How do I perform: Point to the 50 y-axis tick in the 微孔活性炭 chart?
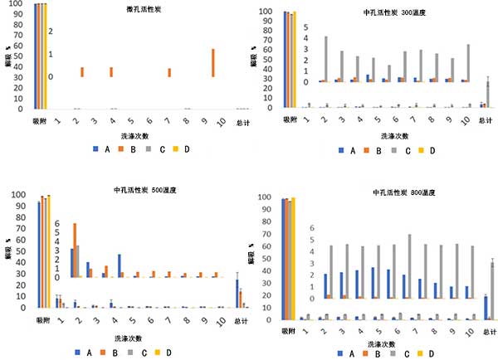pyautogui.click(x=22, y=56)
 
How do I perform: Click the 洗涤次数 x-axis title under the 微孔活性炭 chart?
pyautogui.click(x=139, y=135)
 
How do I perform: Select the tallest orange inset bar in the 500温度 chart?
pyautogui.click(x=76, y=250)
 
